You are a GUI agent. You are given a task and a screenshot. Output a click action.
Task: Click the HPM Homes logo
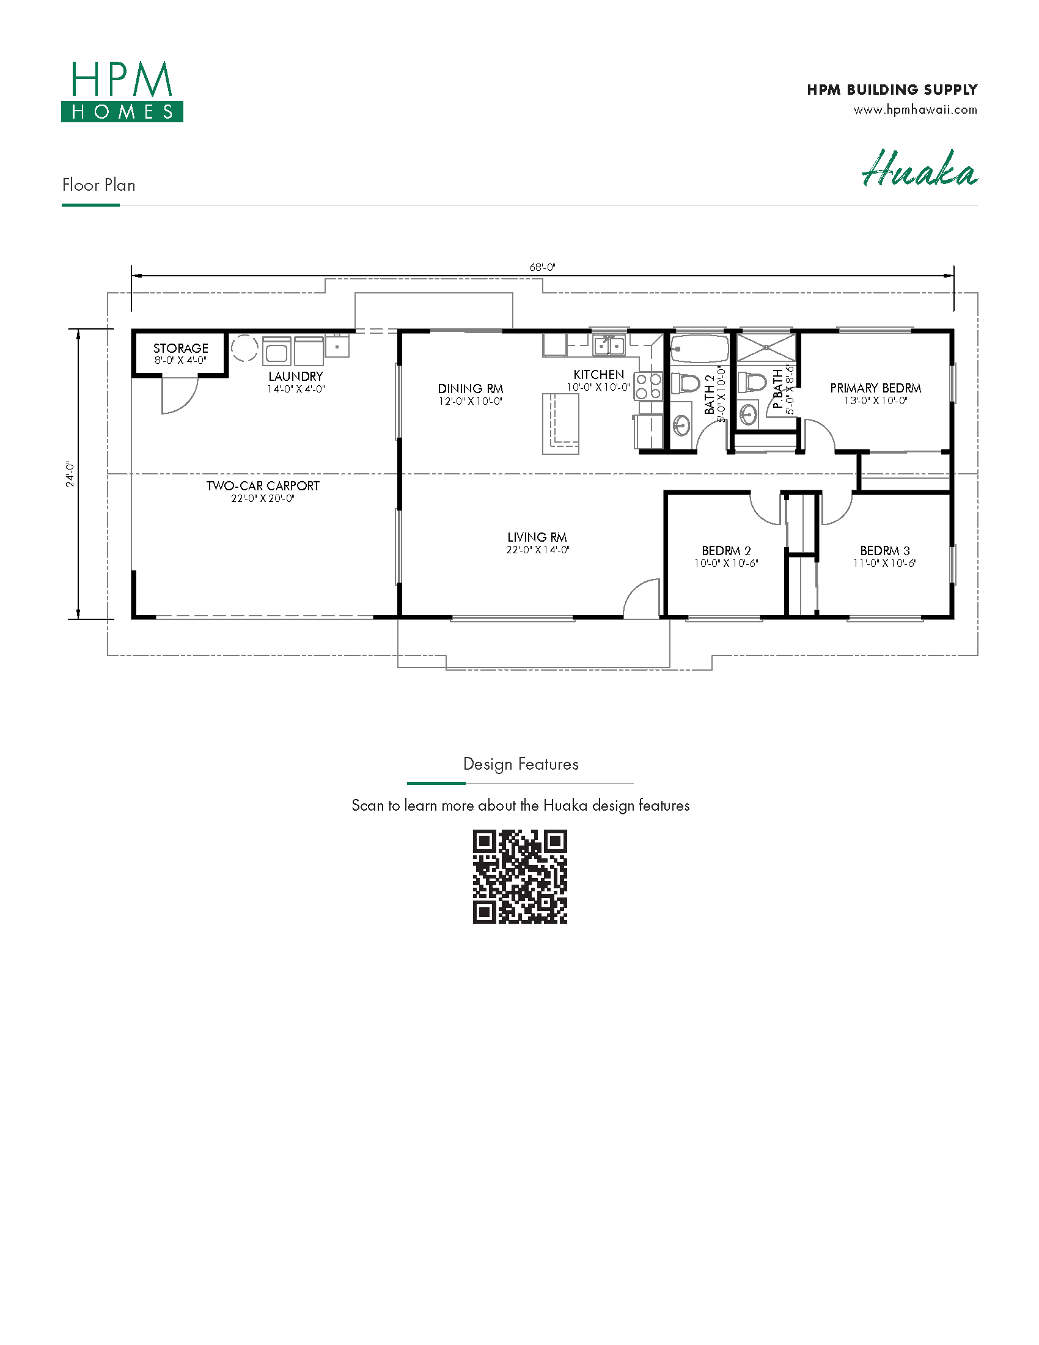point(122,91)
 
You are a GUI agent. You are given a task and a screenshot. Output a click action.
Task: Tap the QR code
point(519,876)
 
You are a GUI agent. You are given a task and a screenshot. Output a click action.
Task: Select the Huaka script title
point(920,168)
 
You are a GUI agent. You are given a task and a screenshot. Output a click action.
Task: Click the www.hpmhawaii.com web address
point(916,109)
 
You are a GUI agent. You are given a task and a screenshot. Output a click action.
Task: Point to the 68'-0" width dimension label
point(542,267)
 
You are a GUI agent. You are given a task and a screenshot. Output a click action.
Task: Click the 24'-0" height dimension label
point(70,474)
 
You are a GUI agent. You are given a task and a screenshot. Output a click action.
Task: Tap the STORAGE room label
point(180,348)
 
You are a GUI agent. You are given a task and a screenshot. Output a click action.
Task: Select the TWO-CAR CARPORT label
point(263,485)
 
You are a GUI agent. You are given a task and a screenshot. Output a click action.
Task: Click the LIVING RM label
point(537,537)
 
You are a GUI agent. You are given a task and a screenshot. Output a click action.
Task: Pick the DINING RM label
point(470,389)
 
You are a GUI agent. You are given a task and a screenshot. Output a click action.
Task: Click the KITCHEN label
point(598,374)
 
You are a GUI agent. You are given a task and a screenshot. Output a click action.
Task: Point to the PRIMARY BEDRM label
point(875,388)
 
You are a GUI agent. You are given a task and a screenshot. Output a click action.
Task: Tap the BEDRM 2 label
point(726,551)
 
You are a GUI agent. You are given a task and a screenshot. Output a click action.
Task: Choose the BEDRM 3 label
point(884,551)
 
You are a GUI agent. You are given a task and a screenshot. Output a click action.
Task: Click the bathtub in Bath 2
point(699,349)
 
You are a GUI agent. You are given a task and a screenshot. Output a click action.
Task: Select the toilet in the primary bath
point(752,383)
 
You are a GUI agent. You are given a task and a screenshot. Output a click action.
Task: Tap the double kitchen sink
point(609,345)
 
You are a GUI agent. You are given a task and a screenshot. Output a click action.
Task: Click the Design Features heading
point(521,764)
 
